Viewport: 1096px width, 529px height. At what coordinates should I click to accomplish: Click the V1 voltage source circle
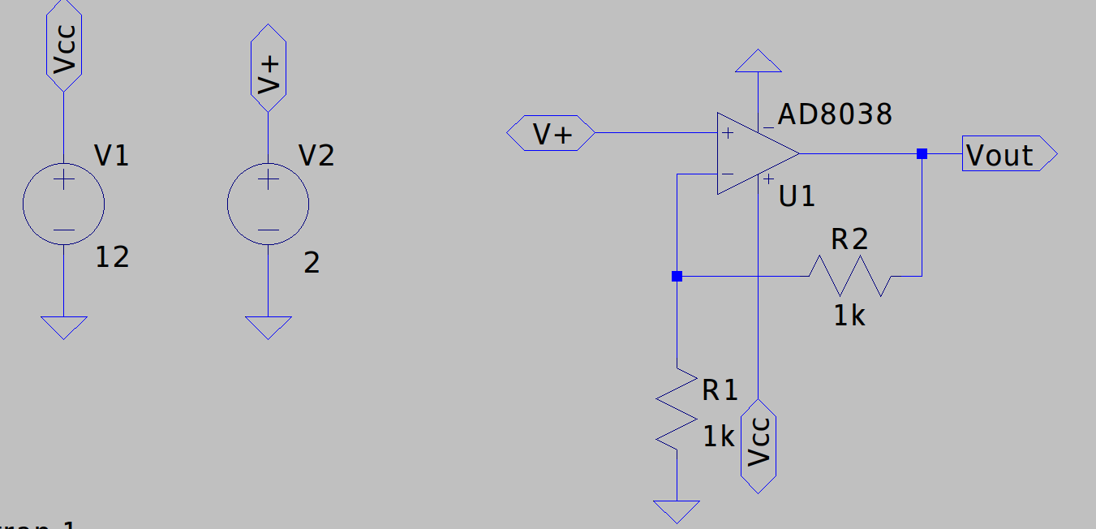(x=63, y=206)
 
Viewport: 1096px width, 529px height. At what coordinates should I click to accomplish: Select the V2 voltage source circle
(x=268, y=206)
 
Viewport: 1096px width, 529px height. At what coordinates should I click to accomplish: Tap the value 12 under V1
(x=112, y=258)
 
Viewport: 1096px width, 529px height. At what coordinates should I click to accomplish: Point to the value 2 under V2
(x=312, y=262)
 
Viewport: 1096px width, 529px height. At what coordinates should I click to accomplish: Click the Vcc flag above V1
(x=63, y=45)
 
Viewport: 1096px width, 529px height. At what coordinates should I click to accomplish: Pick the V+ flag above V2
(x=268, y=67)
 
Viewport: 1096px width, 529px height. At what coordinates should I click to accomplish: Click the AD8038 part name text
(x=833, y=115)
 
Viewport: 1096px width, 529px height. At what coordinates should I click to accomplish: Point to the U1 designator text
(x=797, y=196)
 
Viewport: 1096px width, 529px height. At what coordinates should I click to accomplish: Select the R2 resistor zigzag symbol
(x=850, y=276)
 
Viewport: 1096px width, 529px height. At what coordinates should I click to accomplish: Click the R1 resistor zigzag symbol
(x=677, y=408)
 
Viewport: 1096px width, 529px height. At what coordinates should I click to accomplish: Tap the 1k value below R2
(x=849, y=316)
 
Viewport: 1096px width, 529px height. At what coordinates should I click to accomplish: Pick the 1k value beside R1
(x=718, y=437)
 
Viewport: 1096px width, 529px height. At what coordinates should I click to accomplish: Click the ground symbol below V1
(x=63, y=327)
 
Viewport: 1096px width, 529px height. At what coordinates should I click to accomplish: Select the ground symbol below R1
(x=677, y=511)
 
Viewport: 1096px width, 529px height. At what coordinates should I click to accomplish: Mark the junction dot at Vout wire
(x=922, y=153)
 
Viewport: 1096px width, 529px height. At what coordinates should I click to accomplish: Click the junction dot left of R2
(x=677, y=276)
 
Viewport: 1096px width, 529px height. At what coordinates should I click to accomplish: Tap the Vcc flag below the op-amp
(x=759, y=445)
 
